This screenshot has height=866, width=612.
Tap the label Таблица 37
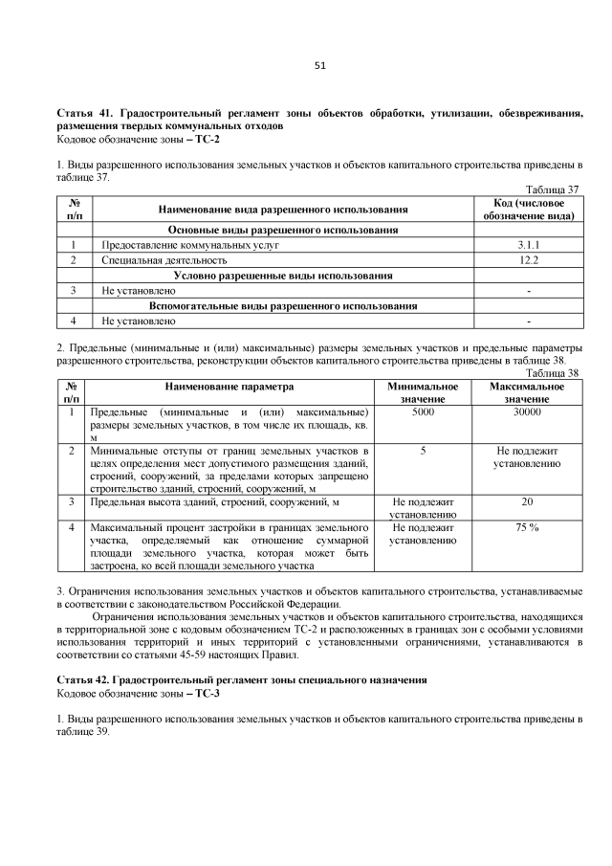pos(555,189)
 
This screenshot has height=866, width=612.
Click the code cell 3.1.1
pos(529,245)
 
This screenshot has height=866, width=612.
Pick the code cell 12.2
pos(529,259)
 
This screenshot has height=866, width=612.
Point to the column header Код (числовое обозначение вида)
pos(529,209)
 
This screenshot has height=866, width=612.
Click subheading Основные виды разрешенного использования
pos(283,230)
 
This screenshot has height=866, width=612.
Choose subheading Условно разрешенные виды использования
pos(283,275)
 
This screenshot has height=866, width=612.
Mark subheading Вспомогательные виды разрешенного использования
pos(283,305)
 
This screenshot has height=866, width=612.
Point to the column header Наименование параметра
pos(229,387)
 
